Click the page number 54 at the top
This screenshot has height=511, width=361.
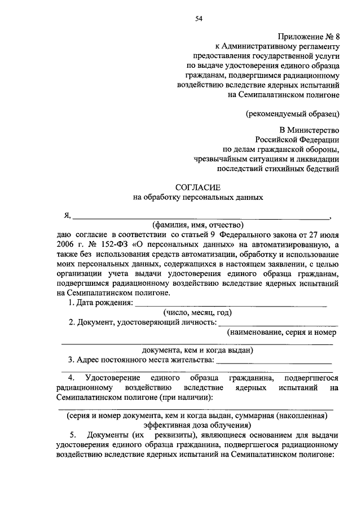point(199,19)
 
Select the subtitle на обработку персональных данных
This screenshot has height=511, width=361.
point(198,198)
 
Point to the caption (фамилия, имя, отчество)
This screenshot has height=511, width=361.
point(197,224)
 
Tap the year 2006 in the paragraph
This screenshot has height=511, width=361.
point(66,244)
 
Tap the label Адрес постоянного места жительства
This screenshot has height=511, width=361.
point(141,359)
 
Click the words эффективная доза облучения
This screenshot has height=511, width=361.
point(197,425)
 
